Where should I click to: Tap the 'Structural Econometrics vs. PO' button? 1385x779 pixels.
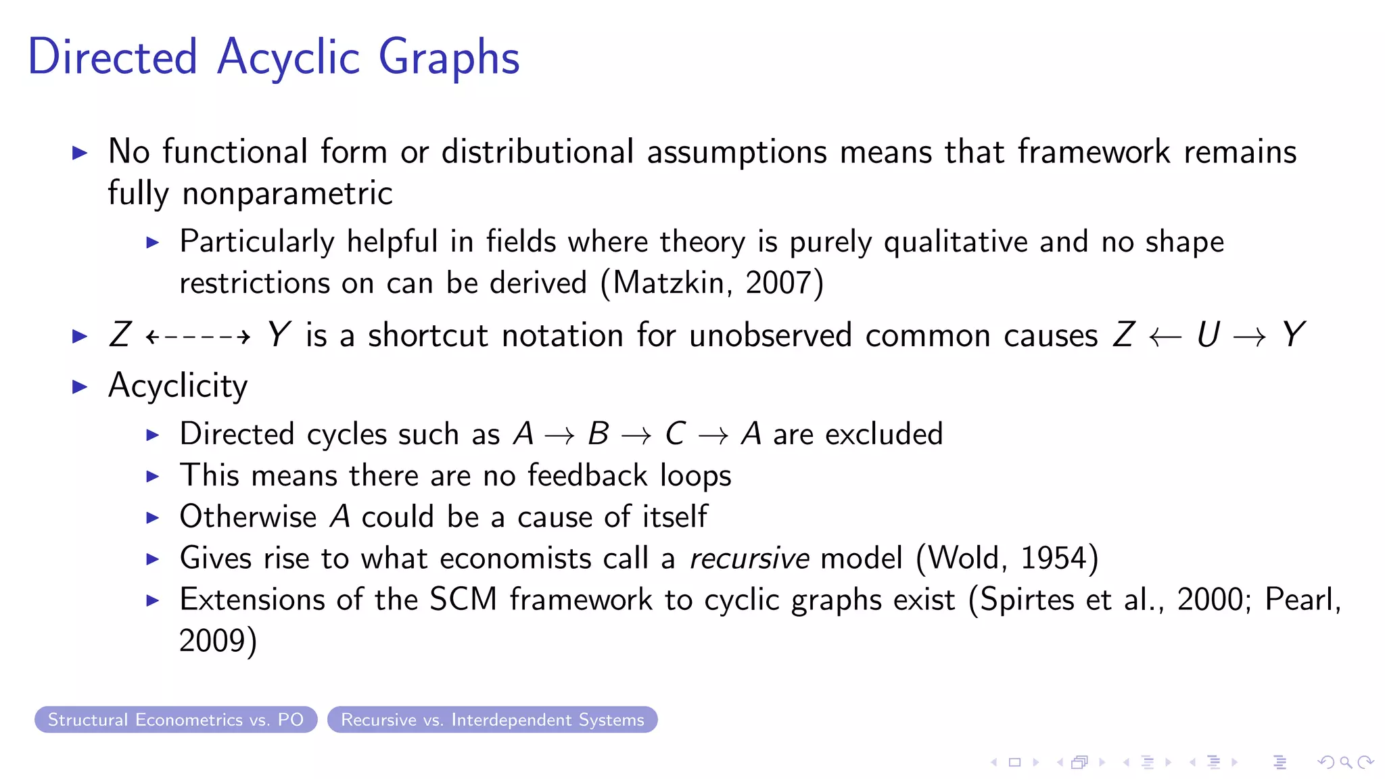click(x=176, y=719)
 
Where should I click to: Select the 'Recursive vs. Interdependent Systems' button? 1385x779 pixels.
click(x=492, y=719)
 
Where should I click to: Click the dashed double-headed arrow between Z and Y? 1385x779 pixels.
click(x=198, y=336)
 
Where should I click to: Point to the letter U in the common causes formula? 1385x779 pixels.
click(x=1208, y=335)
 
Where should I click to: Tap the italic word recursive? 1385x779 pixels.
click(x=749, y=559)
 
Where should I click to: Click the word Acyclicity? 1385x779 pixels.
click(x=178, y=386)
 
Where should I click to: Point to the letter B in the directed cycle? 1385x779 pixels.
click(x=598, y=434)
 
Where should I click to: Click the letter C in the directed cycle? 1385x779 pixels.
click(x=675, y=434)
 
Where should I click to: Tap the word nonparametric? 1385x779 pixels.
click(x=287, y=194)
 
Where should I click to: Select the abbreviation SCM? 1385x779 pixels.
click(x=463, y=600)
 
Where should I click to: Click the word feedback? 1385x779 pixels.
click(x=587, y=475)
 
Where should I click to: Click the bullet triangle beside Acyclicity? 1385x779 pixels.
click(x=80, y=387)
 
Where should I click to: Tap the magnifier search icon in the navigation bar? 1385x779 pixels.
click(x=1346, y=762)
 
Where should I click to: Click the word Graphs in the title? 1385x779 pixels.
click(x=449, y=58)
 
